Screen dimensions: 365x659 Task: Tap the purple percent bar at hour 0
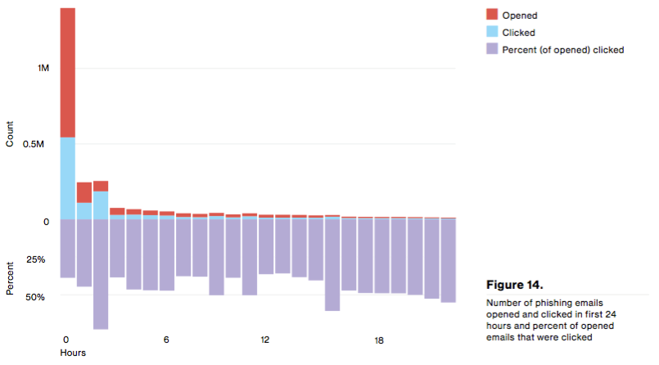coord(68,249)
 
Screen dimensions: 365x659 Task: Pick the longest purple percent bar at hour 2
coord(101,274)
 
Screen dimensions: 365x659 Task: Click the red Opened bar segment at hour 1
coord(84,192)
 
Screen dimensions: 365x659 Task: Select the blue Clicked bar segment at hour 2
coord(101,205)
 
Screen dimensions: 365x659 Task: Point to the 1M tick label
coord(43,69)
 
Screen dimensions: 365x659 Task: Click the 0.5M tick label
coord(40,144)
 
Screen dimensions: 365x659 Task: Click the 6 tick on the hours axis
coord(166,340)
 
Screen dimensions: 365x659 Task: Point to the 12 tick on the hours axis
coord(265,340)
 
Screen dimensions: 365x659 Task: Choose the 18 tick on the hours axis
coord(380,340)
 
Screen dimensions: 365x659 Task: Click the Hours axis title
coord(73,353)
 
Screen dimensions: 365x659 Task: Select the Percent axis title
coord(10,278)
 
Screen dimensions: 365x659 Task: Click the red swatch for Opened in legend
coord(492,15)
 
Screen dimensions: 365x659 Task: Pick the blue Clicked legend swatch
coord(492,32)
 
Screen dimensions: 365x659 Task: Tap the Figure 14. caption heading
coord(514,286)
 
